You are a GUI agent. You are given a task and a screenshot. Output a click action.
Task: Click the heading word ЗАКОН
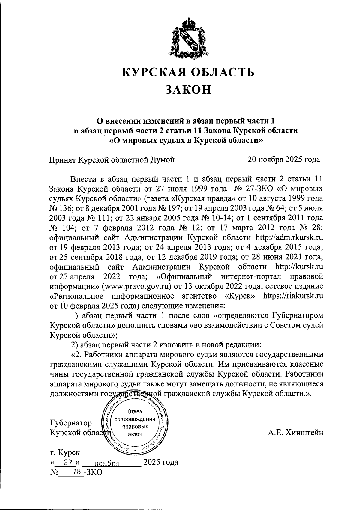click(x=188, y=89)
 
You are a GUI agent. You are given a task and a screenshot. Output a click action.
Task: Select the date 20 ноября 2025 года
click(x=283, y=159)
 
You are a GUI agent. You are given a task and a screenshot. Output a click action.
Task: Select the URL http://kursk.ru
click(x=299, y=267)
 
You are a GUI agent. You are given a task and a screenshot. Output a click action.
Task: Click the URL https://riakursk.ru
click(x=293, y=296)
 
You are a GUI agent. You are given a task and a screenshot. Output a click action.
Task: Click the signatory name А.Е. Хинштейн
click(x=295, y=432)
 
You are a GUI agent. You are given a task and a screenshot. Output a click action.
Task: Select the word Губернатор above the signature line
click(x=71, y=423)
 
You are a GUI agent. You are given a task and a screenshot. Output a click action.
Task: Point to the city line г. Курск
click(x=65, y=452)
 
